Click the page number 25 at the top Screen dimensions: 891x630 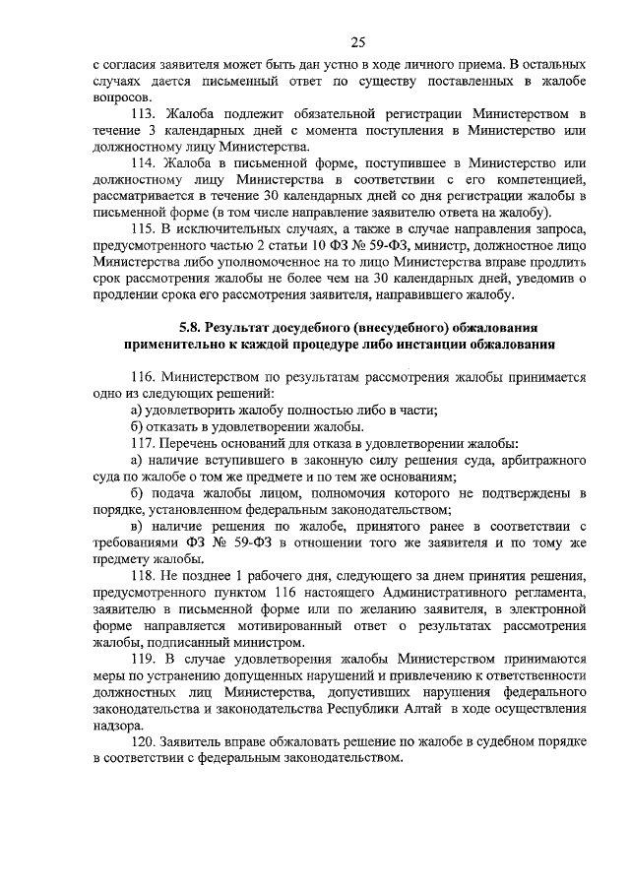[358, 41]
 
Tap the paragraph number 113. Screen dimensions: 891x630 [143, 117]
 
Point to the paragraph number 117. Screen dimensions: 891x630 [143, 444]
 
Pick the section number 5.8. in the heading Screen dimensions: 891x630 [193, 327]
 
